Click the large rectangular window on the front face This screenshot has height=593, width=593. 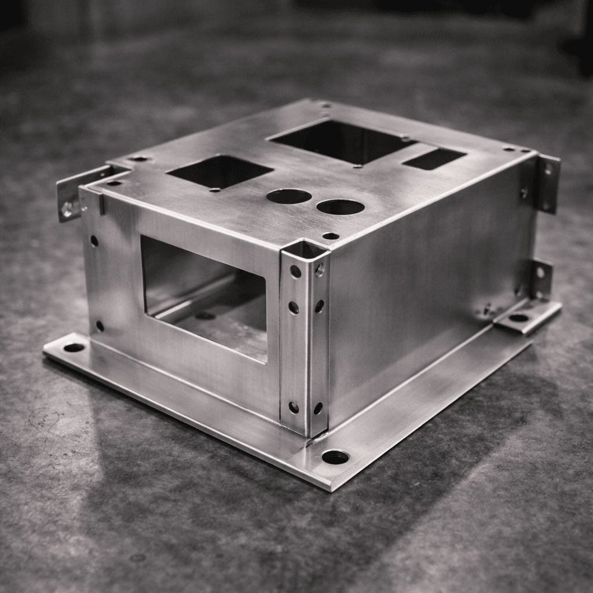[204, 296]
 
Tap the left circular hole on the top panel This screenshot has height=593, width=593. [289, 196]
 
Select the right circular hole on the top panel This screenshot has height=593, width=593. [341, 207]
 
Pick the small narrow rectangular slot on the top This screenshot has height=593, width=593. [434, 159]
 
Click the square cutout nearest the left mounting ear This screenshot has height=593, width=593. [220, 170]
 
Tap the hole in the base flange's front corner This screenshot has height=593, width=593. [335, 457]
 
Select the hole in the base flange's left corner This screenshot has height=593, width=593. [74, 347]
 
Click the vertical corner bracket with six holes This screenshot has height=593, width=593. [305, 336]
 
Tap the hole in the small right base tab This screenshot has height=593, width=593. [518, 317]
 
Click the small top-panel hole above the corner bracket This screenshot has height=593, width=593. [331, 236]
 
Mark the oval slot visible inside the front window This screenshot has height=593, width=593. [204, 316]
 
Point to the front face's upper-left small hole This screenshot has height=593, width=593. [94, 240]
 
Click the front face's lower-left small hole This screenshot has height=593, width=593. [100, 326]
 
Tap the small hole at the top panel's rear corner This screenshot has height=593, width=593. [325, 105]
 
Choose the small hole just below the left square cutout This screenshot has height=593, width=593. [215, 189]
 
